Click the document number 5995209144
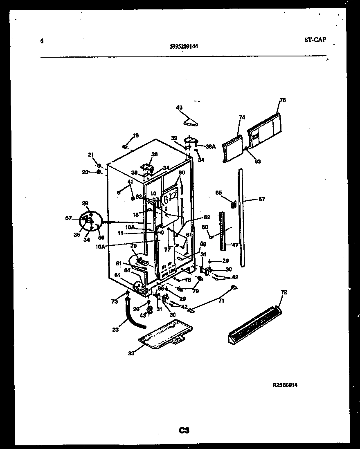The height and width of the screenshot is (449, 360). [x=184, y=46]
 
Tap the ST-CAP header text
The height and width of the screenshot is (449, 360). [x=315, y=40]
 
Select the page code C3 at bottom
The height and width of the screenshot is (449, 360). [x=184, y=430]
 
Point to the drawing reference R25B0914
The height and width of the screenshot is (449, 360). [x=285, y=385]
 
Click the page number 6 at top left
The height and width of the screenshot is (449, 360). [x=42, y=41]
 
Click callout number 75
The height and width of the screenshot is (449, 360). [x=283, y=100]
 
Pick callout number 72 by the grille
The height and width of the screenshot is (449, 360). [x=284, y=293]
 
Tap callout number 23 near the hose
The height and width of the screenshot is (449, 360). [x=116, y=329]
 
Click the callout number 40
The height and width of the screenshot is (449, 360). [x=179, y=108]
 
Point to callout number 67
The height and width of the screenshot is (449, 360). [x=262, y=200]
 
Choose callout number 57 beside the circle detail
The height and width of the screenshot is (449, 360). [x=68, y=218]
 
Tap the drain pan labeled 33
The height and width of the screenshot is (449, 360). [x=166, y=335]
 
